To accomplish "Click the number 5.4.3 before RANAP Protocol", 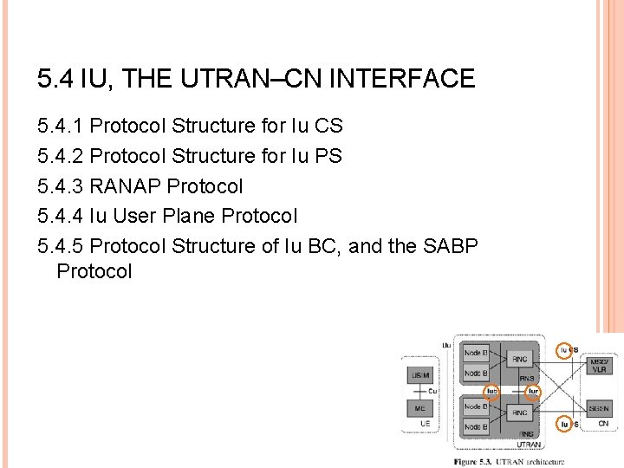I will tap(61, 186).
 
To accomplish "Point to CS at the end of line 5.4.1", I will tap(329, 127).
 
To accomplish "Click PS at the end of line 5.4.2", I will tap(329, 157).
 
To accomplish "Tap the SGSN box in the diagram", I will tap(599, 407).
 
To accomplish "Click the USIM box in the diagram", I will tap(419, 375).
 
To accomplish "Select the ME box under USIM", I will tap(419, 407).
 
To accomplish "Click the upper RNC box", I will tap(520, 360).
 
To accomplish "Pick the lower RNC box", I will tap(520, 413).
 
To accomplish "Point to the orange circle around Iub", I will tap(491, 391).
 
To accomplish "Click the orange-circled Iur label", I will tap(534, 391).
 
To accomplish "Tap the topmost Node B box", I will tap(475, 353).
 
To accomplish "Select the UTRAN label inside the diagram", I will tap(530, 444).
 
